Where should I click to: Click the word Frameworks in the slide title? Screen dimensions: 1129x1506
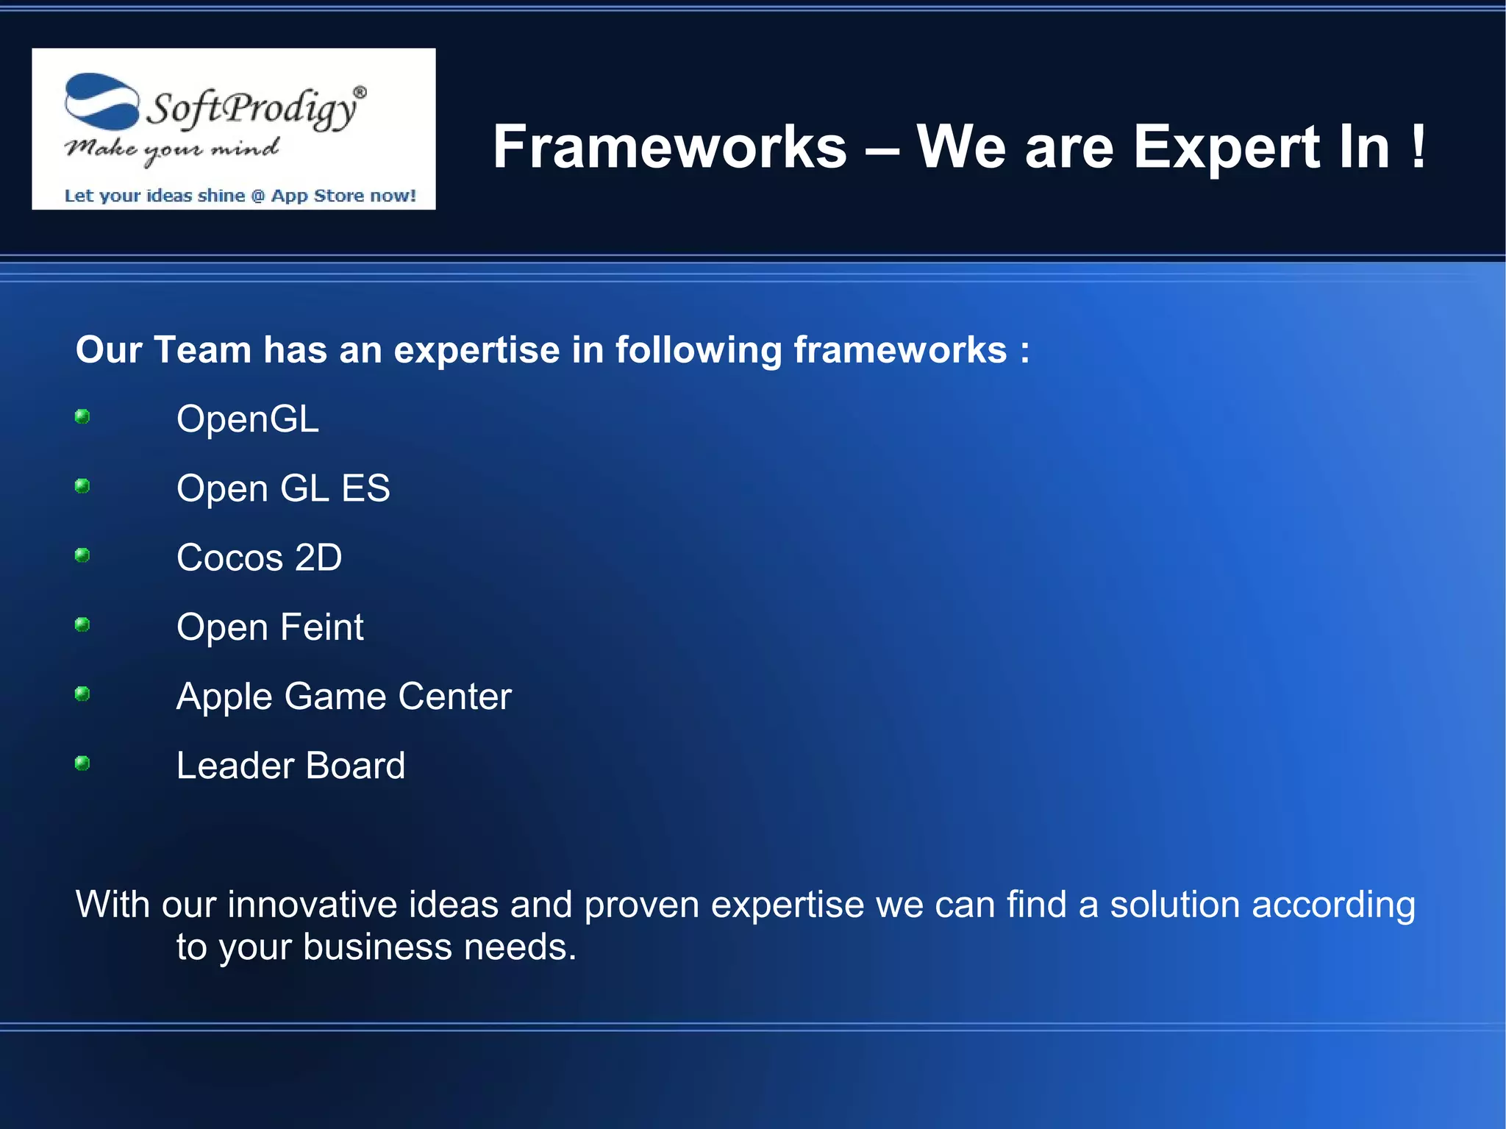point(669,147)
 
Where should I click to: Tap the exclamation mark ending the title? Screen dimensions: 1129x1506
point(1418,147)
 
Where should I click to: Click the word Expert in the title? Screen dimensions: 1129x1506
point(1224,147)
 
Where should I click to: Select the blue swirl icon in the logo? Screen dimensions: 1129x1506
point(101,101)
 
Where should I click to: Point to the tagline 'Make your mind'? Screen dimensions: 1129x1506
point(171,149)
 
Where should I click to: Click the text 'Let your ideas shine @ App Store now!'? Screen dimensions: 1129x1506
point(240,196)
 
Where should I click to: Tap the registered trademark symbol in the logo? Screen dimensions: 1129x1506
point(360,93)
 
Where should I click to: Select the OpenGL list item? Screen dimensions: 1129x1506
point(247,419)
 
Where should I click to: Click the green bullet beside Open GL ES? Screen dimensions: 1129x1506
point(82,486)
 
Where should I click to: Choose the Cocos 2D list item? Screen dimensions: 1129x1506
point(259,558)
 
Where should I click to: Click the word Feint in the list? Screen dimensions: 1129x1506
point(321,627)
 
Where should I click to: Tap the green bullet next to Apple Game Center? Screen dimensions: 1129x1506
point(82,694)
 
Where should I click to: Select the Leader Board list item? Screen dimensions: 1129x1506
point(290,766)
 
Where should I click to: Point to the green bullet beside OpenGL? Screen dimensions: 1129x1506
point(82,417)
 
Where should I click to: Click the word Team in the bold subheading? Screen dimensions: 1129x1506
point(202,349)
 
